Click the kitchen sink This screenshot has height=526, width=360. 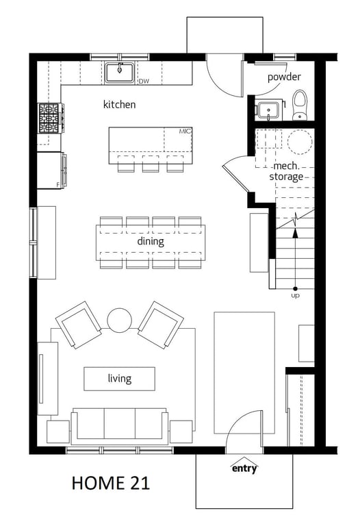[119, 73]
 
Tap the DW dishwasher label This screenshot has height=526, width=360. [144, 82]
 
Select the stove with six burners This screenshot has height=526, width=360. [50, 118]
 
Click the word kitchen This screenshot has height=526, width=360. [119, 104]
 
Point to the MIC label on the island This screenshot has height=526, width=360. [185, 131]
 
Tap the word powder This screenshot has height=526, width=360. [284, 77]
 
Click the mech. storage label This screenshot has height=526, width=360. [286, 171]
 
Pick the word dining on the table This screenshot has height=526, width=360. [151, 241]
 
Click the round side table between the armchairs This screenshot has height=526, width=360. [119, 321]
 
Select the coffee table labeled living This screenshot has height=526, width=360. [119, 379]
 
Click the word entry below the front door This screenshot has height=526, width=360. [244, 468]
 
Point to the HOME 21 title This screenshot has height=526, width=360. [111, 483]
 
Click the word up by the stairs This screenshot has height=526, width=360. [295, 296]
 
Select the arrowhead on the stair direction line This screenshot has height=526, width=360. [295, 233]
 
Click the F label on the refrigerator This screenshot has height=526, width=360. [58, 184]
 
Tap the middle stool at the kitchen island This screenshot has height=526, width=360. [151, 164]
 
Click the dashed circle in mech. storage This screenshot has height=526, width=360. [300, 142]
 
